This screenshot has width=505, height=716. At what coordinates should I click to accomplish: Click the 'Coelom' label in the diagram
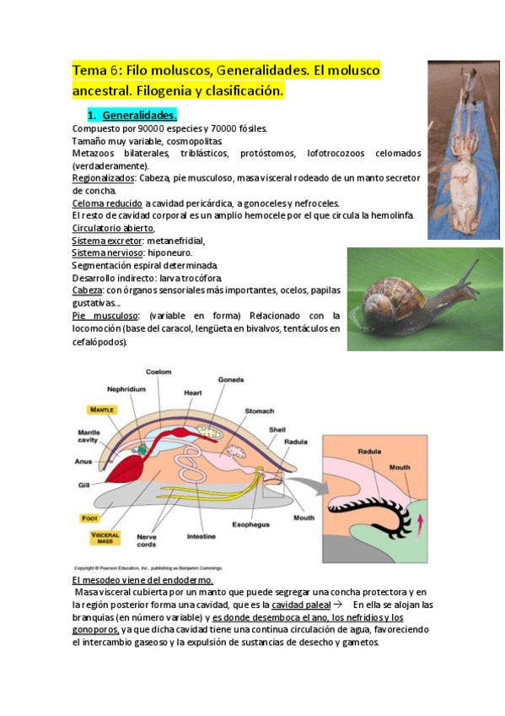point(158,372)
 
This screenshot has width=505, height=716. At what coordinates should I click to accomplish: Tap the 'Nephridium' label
point(126,389)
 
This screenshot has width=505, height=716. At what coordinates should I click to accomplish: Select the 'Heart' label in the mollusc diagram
point(192,393)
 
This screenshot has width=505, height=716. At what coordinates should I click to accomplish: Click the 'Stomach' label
point(259,411)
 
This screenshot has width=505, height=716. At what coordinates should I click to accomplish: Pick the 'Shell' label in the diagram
point(277,430)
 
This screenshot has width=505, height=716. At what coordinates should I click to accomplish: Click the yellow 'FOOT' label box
point(89,518)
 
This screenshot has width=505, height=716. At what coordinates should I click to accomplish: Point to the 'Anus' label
point(83,461)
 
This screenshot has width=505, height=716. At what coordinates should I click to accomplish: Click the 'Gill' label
point(83,485)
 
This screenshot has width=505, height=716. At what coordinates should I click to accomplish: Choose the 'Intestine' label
point(201,536)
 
